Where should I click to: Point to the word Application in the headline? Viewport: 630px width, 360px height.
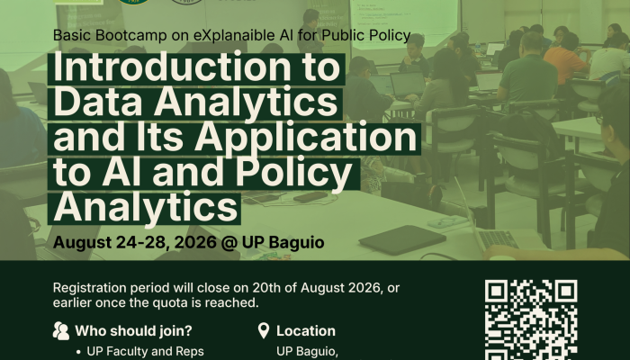tap(305, 138)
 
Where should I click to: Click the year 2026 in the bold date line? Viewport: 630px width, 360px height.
tap(195, 242)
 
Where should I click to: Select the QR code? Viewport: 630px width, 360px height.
tap(531, 319)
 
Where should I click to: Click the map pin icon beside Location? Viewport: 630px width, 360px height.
tap(263, 330)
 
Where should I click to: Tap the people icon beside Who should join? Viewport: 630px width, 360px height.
tap(61, 330)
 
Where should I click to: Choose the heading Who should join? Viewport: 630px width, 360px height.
tap(133, 331)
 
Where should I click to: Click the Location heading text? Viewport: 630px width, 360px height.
tap(306, 331)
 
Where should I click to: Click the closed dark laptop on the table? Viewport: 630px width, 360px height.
tap(401, 239)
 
